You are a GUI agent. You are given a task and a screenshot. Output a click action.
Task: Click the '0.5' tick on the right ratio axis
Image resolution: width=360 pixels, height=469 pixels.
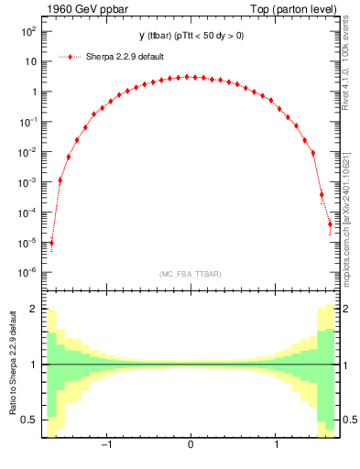coord(349,420)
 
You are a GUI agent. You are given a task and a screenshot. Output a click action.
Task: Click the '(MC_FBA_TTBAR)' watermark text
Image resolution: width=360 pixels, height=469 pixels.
coord(190,274)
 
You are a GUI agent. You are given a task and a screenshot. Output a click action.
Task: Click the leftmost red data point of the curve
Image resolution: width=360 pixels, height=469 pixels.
coord(51,244)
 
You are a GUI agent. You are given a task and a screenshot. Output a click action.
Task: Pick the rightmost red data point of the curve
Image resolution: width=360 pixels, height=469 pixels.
coord(330,224)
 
